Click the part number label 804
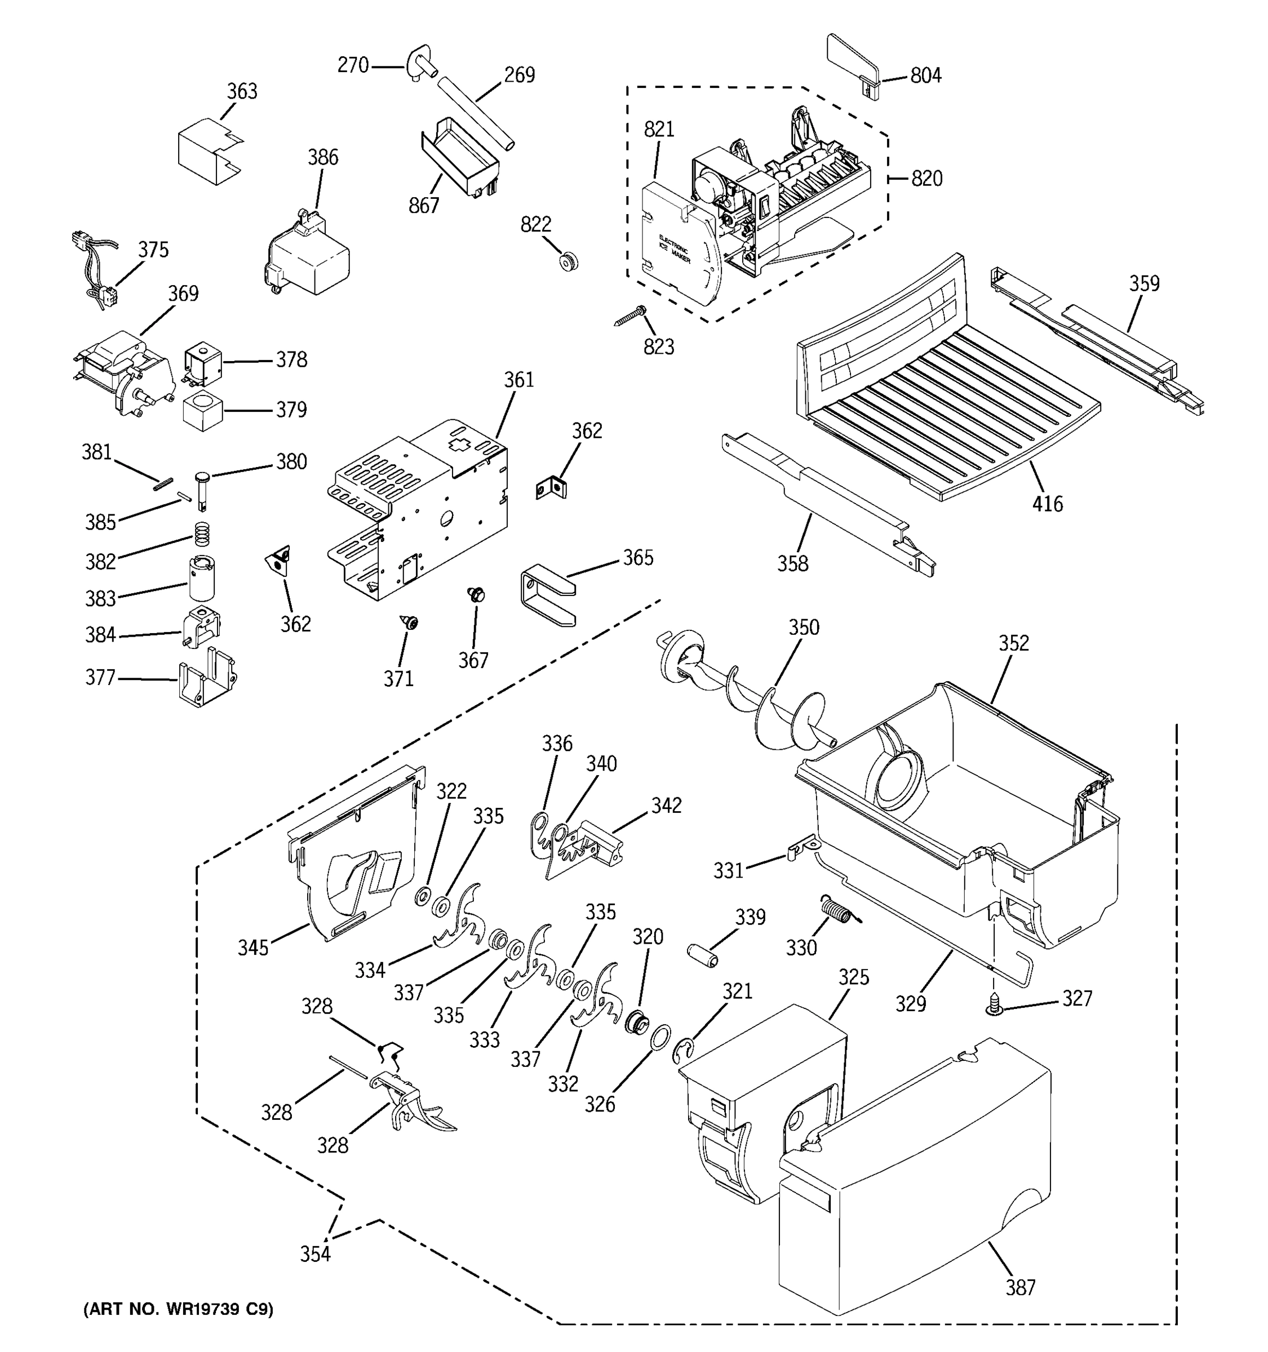925,75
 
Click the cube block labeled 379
203,411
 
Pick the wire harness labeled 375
95,269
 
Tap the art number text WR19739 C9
178,1309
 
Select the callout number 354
316,1253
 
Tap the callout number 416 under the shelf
1047,504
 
